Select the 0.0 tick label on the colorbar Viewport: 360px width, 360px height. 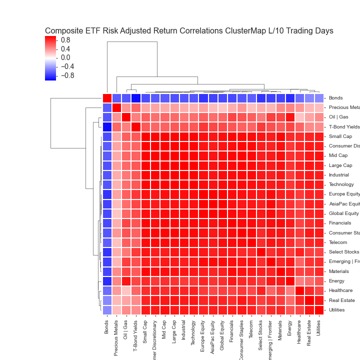pyautogui.click(x=65, y=57)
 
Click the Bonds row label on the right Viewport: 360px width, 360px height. pyautogui.click(x=336, y=97)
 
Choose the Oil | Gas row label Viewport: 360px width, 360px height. pyautogui.click(x=338, y=117)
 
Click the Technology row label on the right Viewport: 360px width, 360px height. pyautogui.click(x=341, y=184)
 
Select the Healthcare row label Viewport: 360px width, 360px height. pyautogui.click(x=341, y=290)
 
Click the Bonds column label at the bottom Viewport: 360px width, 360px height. pyautogui.click(x=107, y=327)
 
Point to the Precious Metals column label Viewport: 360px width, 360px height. pyautogui.click(x=116, y=337)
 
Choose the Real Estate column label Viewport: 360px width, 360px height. pyautogui.click(x=309, y=333)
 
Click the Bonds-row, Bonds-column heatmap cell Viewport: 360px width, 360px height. pyautogui.click(x=107, y=97)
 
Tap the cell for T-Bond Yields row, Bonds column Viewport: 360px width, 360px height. pyautogui.click(x=107, y=126)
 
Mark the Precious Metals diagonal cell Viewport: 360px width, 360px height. pyautogui.click(x=116, y=107)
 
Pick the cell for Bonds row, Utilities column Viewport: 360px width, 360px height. pyautogui.click(x=319, y=97)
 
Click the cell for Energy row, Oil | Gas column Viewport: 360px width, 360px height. pyautogui.click(x=126, y=281)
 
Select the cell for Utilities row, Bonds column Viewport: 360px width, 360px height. pyautogui.click(x=107, y=310)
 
